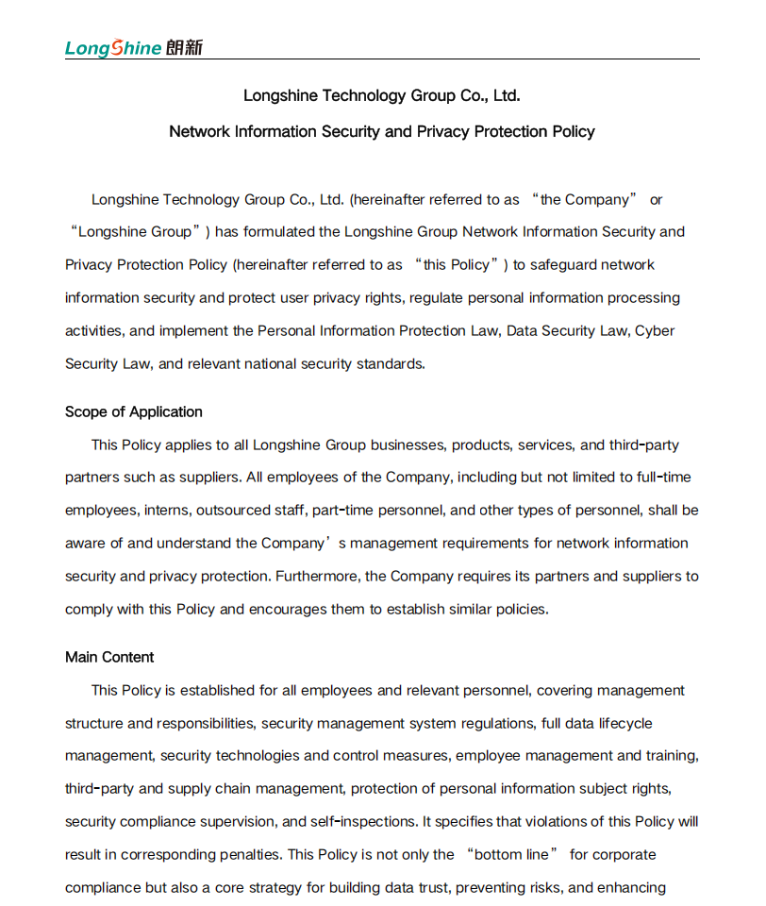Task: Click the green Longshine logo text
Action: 113,48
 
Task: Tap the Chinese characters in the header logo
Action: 184,47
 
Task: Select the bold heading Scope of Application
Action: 134,412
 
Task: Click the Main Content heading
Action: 109,658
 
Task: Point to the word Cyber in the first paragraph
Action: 655,331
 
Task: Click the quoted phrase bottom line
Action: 511,855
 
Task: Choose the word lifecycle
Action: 624,724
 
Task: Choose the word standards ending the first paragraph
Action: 389,364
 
